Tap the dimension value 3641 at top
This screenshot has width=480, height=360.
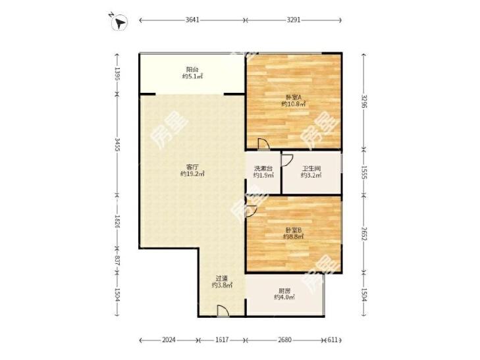192,20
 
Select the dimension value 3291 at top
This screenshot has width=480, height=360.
294,20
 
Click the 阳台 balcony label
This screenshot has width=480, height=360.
192,70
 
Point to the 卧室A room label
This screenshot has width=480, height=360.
294,97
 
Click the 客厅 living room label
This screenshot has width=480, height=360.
192,167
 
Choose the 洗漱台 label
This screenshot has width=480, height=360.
263,168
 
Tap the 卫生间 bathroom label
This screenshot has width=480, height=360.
311,168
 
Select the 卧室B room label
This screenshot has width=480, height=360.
294,230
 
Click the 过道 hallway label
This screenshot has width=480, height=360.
222,278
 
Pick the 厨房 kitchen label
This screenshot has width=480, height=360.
284,291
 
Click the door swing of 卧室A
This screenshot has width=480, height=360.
263,143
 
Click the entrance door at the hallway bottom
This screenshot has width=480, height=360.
223,311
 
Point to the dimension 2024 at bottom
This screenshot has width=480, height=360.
169,340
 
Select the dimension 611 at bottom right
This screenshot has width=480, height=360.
332,340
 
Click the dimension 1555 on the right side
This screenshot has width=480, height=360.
364,173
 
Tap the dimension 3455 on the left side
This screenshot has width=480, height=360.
117,145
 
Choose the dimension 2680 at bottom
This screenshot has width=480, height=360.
284,340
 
